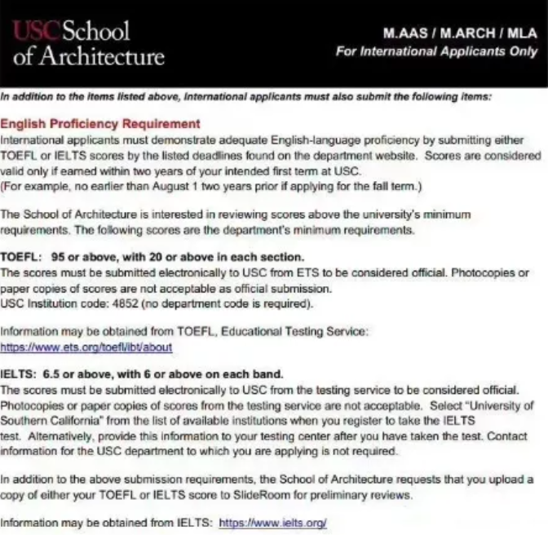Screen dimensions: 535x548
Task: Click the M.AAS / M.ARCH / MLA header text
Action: [461, 34]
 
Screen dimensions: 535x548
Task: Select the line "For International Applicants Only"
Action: [436, 51]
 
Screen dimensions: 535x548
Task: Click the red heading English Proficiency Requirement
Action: [100, 124]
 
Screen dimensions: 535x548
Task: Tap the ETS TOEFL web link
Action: [86, 347]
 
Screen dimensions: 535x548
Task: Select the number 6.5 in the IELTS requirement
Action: [53, 374]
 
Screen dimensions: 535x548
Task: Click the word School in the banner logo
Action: [95, 31]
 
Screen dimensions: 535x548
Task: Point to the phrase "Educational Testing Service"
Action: [297, 332]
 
